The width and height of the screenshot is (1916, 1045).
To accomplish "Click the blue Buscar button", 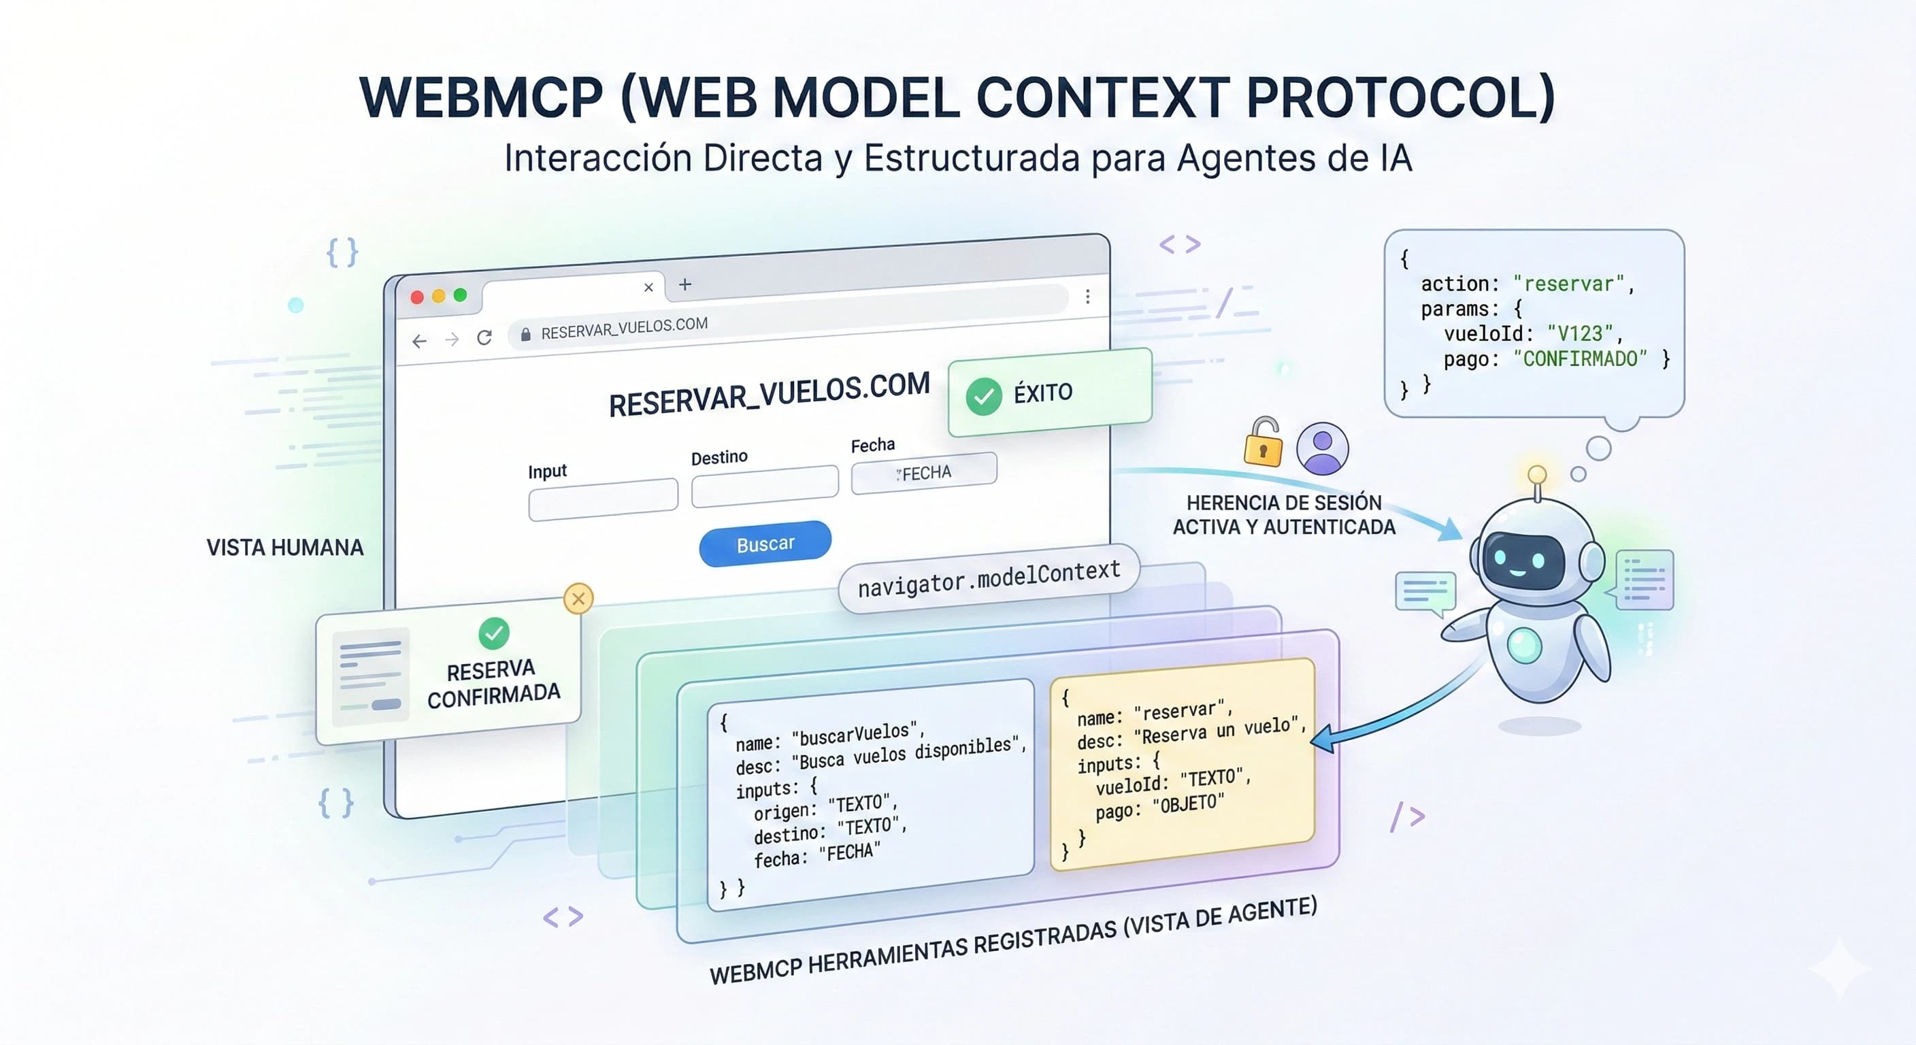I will pos(765,544).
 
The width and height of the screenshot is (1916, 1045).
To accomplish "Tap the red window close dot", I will pos(417,297).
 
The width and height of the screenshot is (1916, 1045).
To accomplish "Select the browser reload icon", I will pos(485,337).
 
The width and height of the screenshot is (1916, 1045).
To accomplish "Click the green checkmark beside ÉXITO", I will pos(983,396).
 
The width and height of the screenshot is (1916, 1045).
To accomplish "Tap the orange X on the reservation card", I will pos(578,599).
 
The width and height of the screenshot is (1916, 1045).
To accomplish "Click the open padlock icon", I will pos(1263,444).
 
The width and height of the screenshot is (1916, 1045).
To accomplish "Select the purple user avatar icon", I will pos(1322,448).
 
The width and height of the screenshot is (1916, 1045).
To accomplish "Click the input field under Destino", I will pos(765,486).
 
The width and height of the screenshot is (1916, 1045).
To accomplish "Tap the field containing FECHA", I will pos(924,473).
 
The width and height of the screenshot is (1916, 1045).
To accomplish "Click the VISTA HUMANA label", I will pos(285,548).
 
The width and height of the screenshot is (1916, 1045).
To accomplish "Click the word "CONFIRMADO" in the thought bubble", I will pos(1580,359).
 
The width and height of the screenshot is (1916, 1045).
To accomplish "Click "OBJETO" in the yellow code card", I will pos(1188,804).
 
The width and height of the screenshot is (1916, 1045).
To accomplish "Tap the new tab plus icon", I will pos(685,284).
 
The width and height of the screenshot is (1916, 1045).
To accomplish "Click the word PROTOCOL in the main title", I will pos(1398,98).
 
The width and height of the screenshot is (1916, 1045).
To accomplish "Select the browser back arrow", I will pos(420,342).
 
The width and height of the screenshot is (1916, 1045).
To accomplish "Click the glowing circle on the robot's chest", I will pos(1523,644).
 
